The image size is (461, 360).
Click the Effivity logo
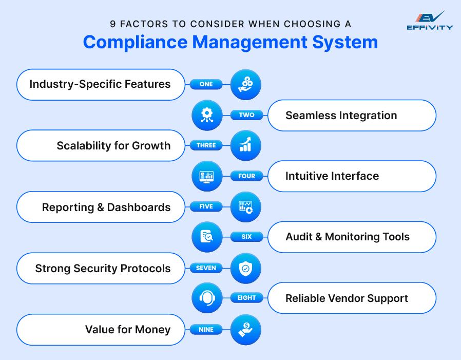point(430,21)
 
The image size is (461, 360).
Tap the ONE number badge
point(206,84)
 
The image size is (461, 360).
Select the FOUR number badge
point(246,176)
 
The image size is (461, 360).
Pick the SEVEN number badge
point(206,268)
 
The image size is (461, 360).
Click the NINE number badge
point(206,329)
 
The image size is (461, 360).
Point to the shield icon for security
point(245,268)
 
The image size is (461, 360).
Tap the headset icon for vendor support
point(207,298)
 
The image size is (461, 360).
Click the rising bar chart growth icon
point(245,145)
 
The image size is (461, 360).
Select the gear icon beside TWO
point(207,115)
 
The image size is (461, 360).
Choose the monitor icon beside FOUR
point(207,176)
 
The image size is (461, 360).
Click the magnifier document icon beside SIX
point(207,237)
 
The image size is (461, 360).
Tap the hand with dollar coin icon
point(245,329)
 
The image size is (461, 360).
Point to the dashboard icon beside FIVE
point(245,207)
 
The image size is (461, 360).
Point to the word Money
point(153,330)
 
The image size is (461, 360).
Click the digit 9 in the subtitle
point(113,24)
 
